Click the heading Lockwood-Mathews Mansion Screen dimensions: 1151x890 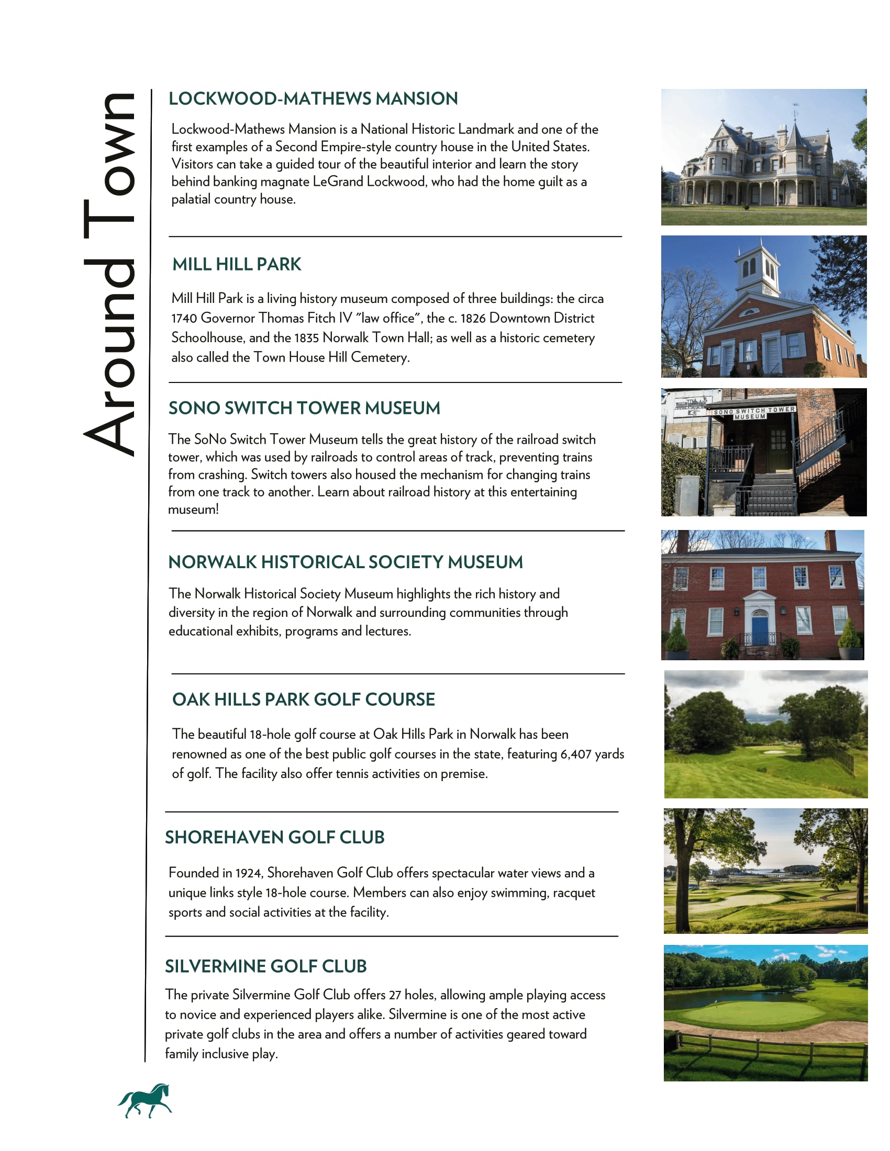point(313,98)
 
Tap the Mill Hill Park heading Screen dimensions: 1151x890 point(237,264)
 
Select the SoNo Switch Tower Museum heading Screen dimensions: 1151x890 point(304,408)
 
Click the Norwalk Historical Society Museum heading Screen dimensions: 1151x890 point(346,562)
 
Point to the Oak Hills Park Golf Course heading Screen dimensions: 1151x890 point(303,699)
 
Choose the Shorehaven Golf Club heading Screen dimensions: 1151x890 point(275,837)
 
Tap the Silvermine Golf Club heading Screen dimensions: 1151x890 point(266,966)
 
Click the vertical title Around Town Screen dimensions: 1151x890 point(109,274)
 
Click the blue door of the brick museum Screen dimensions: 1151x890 point(760,629)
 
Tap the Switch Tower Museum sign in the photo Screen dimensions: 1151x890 point(753,413)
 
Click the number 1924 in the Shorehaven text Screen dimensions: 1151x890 point(248,873)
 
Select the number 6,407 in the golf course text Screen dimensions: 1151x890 point(576,754)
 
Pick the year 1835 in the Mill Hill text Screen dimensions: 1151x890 point(306,338)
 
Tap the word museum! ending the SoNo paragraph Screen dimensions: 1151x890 point(193,510)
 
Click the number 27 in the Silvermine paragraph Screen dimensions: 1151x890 point(395,995)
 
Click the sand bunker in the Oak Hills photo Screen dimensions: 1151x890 point(773,752)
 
